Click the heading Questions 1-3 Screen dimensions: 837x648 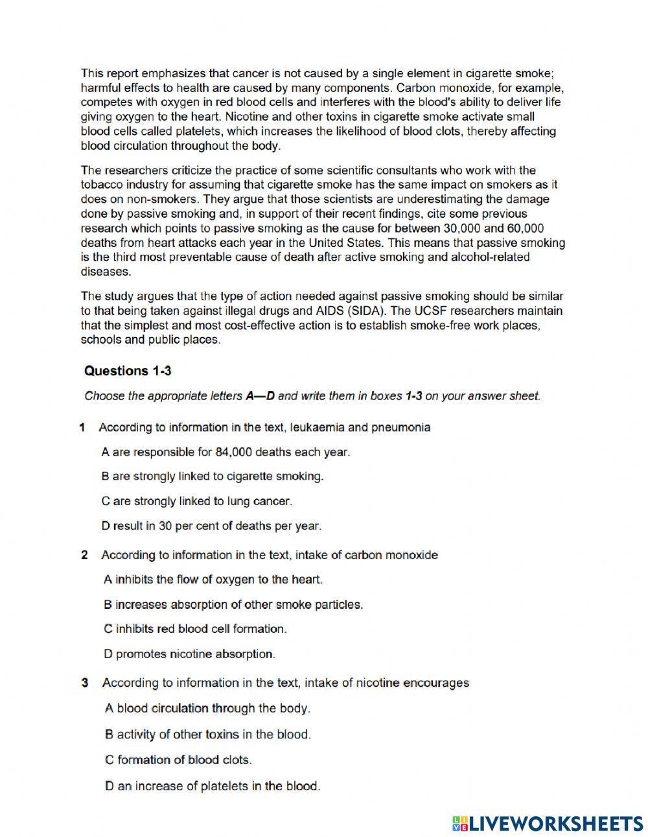(x=128, y=371)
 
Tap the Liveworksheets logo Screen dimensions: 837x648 (x=548, y=823)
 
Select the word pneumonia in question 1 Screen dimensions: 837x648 (x=400, y=427)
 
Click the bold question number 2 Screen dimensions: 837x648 (x=84, y=555)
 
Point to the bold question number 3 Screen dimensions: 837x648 (x=84, y=683)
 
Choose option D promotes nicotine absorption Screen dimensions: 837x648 (x=189, y=654)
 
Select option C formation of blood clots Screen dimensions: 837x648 (x=178, y=760)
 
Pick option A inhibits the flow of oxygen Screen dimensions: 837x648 (x=213, y=580)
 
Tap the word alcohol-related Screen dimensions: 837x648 (x=490, y=257)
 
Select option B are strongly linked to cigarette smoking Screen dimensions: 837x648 (x=213, y=477)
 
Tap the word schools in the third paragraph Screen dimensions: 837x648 (x=100, y=340)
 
